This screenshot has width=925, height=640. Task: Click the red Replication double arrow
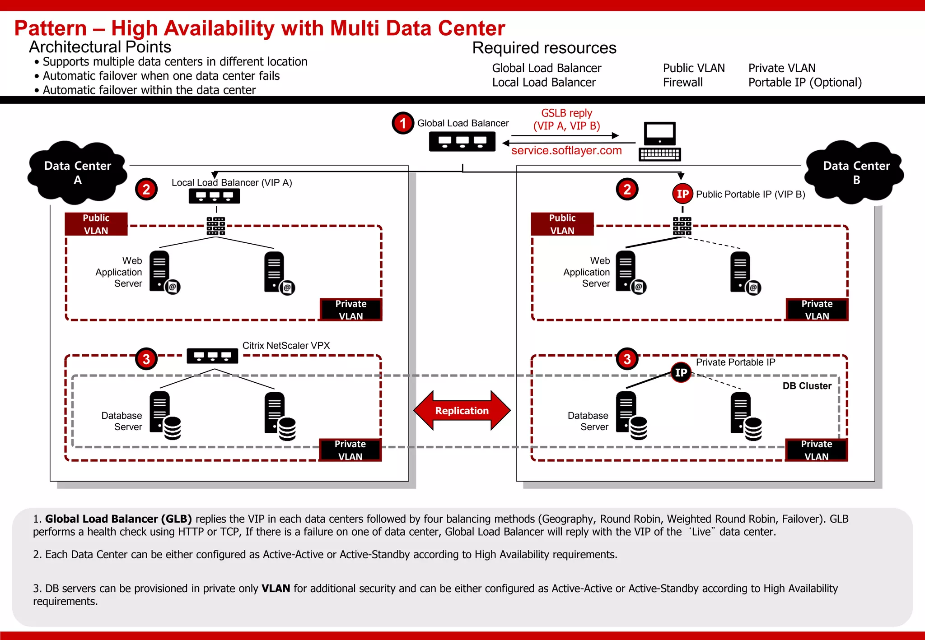pos(462,410)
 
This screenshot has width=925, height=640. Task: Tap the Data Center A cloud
pos(78,173)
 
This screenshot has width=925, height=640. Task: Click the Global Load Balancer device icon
pos(462,142)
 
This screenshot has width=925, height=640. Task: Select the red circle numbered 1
pos(402,123)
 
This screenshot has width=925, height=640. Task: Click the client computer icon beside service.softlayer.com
pos(660,141)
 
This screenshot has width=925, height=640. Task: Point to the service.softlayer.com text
pos(566,151)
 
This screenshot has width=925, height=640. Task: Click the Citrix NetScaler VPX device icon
pos(212,356)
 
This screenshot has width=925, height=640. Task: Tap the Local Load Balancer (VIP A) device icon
pos(214,196)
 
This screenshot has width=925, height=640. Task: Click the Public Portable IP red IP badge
pos(682,194)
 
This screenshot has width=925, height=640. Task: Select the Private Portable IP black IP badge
pos(681,372)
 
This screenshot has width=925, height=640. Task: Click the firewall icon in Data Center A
pos(216,226)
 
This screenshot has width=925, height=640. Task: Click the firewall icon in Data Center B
pos(682,226)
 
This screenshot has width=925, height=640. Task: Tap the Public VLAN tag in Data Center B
pos(562,224)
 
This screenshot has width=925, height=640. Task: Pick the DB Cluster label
pos(807,386)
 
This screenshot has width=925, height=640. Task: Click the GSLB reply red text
pos(566,120)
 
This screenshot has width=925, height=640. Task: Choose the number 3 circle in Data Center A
pos(146,359)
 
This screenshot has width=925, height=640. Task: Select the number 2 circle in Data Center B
pos(627,190)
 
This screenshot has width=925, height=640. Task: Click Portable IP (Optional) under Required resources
pos(805,83)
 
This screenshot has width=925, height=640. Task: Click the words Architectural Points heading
pos(100,47)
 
